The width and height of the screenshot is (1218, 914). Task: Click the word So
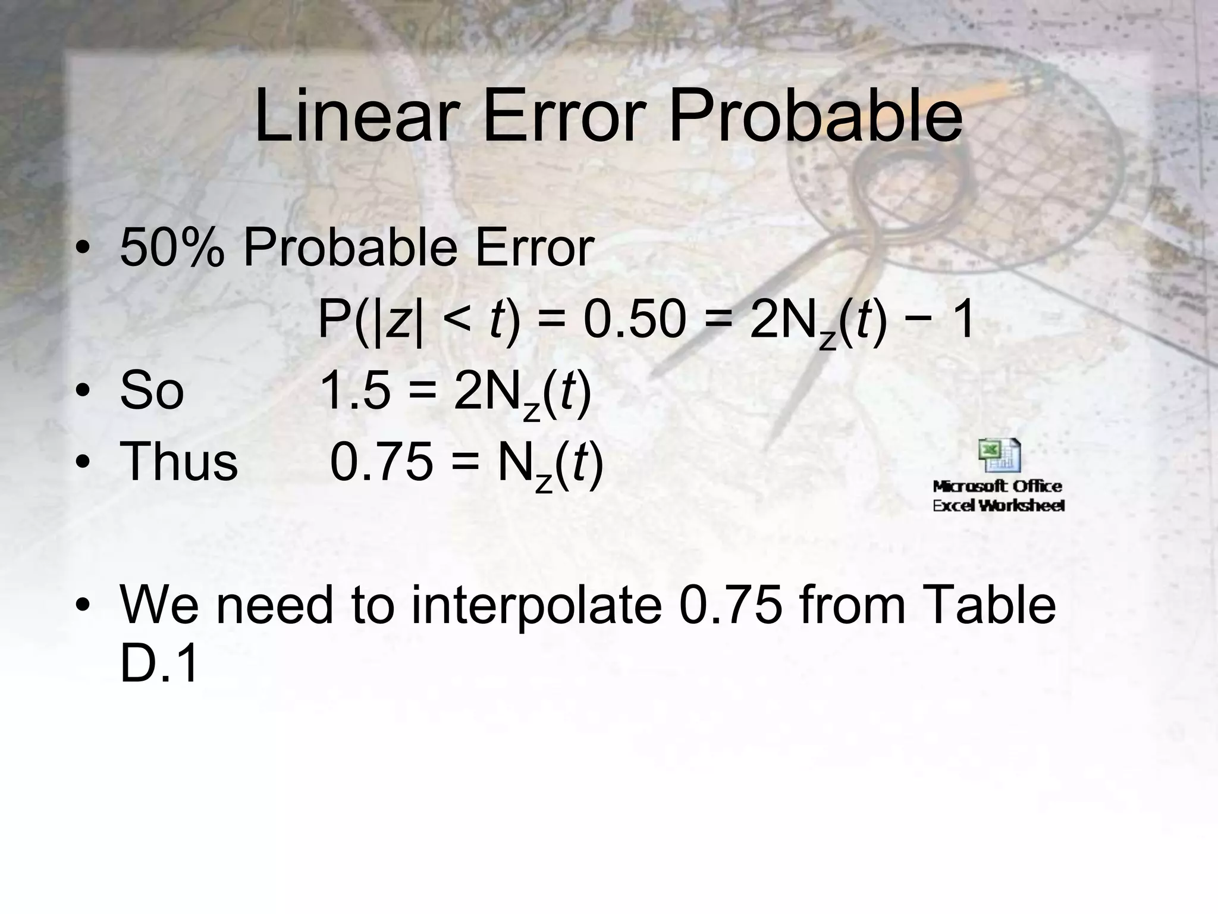[152, 392]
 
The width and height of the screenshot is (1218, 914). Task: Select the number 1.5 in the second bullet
[355, 392]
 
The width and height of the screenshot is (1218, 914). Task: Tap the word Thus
[178, 462]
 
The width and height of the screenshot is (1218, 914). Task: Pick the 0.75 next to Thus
[381, 462]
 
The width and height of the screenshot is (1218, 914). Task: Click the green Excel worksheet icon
[999, 456]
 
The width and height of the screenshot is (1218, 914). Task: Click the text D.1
[158, 665]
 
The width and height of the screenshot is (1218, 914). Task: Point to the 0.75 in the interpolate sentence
[730, 606]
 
